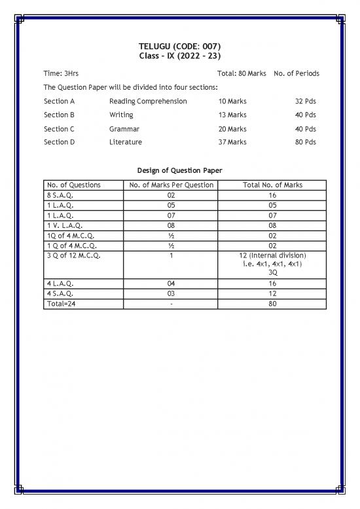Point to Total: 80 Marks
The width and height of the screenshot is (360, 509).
[242, 73]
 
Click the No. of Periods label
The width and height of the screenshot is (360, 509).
[297, 73]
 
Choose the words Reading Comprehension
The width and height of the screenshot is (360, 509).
[148, 102]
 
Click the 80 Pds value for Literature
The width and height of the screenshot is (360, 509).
[306, 142]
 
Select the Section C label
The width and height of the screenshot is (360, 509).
[59, 129]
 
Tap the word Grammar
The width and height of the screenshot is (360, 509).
[124, 129]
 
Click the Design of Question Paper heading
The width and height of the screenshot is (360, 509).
[180, 170]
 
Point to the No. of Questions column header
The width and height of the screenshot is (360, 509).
[73, 185]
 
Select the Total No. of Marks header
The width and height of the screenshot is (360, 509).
[272, 185]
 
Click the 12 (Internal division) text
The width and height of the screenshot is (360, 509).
[272, 255]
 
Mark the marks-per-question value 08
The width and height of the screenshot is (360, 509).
[171, 225]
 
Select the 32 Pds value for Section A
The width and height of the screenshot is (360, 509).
[306, 102]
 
